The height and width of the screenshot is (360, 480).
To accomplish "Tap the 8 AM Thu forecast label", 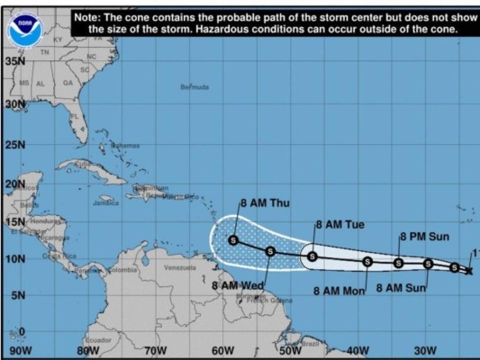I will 262,203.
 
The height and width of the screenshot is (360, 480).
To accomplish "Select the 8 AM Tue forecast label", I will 340,224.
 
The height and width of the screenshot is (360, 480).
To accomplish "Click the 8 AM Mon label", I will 339,291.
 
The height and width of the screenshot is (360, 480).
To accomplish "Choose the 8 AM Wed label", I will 237,286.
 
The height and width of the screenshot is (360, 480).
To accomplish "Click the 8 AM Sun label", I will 401,288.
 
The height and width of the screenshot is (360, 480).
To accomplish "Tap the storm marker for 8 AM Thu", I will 233,240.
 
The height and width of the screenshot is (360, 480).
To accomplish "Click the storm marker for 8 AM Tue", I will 312,256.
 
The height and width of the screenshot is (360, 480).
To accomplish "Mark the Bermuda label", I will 195,87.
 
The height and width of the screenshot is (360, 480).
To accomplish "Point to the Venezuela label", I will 180,267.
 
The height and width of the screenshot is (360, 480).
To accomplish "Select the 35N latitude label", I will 14,61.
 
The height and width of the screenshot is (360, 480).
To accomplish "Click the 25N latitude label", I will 14,145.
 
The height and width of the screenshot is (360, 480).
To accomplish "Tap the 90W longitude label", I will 20,350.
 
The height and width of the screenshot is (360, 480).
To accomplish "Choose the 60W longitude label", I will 222,350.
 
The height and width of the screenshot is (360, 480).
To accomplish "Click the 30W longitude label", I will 424,350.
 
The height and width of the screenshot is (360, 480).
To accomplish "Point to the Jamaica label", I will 105,203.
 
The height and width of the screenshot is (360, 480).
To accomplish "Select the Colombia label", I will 124,269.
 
